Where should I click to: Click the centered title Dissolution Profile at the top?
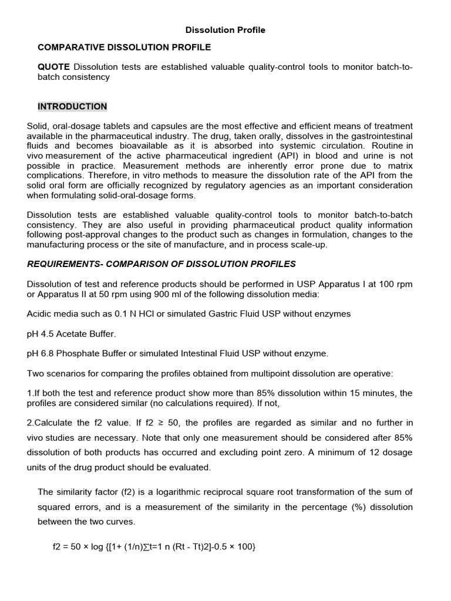(225, 30)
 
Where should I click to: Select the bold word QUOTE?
(53, 67)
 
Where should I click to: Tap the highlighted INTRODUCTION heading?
(72, 106)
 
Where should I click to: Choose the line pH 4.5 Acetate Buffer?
(72, 333)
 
